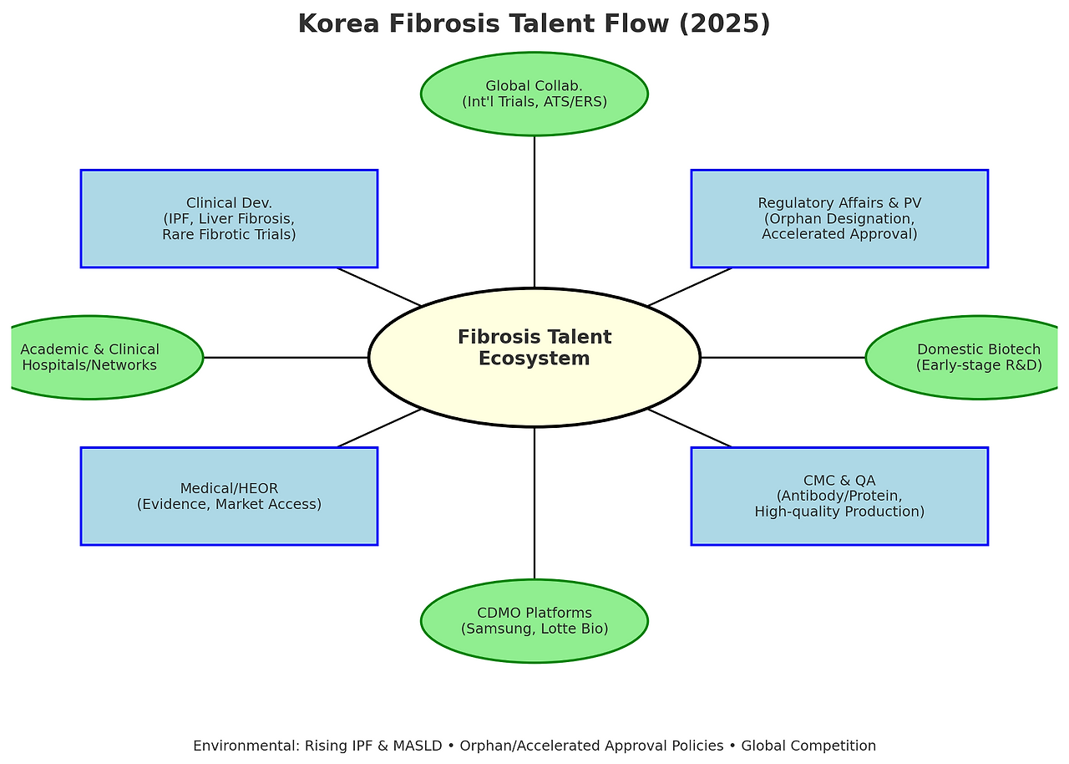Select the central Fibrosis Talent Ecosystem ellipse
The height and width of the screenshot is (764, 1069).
[x=534, y=357]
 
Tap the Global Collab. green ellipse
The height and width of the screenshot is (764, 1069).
[x=534, y=94]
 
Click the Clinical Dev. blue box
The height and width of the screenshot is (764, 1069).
[x=229, y=218]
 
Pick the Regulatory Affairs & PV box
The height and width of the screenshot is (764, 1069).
[x=839, y=218]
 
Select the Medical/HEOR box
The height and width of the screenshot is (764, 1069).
[x=229, y=496]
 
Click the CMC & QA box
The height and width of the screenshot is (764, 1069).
[x=839, y=496]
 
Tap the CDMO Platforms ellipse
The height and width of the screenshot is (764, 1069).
[x=534, y=621]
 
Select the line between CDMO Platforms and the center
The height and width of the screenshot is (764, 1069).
[x=534, y=502]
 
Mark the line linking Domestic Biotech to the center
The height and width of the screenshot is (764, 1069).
[x=782, y=357]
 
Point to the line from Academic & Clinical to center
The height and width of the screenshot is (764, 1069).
[x=286, y=357]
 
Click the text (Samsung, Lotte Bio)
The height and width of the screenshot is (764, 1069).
[x=534, y=629]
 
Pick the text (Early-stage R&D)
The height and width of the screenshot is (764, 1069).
[x=979, y=365]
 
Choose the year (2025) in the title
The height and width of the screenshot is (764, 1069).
[x=724, y=23]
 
